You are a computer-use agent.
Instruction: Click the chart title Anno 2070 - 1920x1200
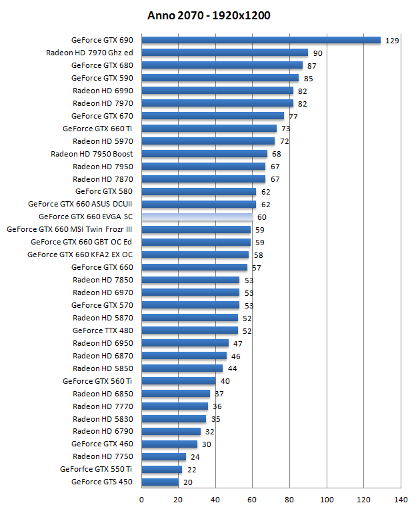(x=209, y=15)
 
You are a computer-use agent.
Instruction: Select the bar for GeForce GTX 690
(x=261, y=41)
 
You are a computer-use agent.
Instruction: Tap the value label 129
(x=392, y=41)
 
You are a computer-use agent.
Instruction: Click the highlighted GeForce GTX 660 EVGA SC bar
(x=197, y=217)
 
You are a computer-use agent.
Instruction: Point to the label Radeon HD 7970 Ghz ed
(x=89, y=53)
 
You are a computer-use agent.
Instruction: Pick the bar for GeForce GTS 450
(x=160, y=482)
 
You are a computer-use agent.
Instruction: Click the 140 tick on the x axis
(x=401, y=500)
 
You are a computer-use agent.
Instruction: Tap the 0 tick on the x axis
(x=141, y=500)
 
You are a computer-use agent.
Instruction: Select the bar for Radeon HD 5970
(x=208, y=141)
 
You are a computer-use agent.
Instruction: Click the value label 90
(x=317, y=53)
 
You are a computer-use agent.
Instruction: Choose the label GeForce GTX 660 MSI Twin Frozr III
(x=69, y=229)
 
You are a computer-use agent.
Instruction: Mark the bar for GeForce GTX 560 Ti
(x=179, y=381)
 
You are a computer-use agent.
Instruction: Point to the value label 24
(x=195, y=457)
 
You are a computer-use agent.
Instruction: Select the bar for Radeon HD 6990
(x=217, y=91)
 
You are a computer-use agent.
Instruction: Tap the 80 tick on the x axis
(x=289, y=500)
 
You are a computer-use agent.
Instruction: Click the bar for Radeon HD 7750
(x=163, y=456)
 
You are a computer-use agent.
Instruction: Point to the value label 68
(x=277, y=154)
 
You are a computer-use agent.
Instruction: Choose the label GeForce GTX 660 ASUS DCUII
(x=80, y=204)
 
